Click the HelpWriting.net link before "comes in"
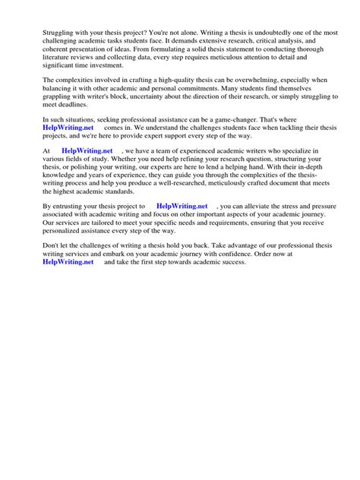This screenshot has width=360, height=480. [x=68, y=128]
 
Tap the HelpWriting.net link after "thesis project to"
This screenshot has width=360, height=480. [x=182, y=205]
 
